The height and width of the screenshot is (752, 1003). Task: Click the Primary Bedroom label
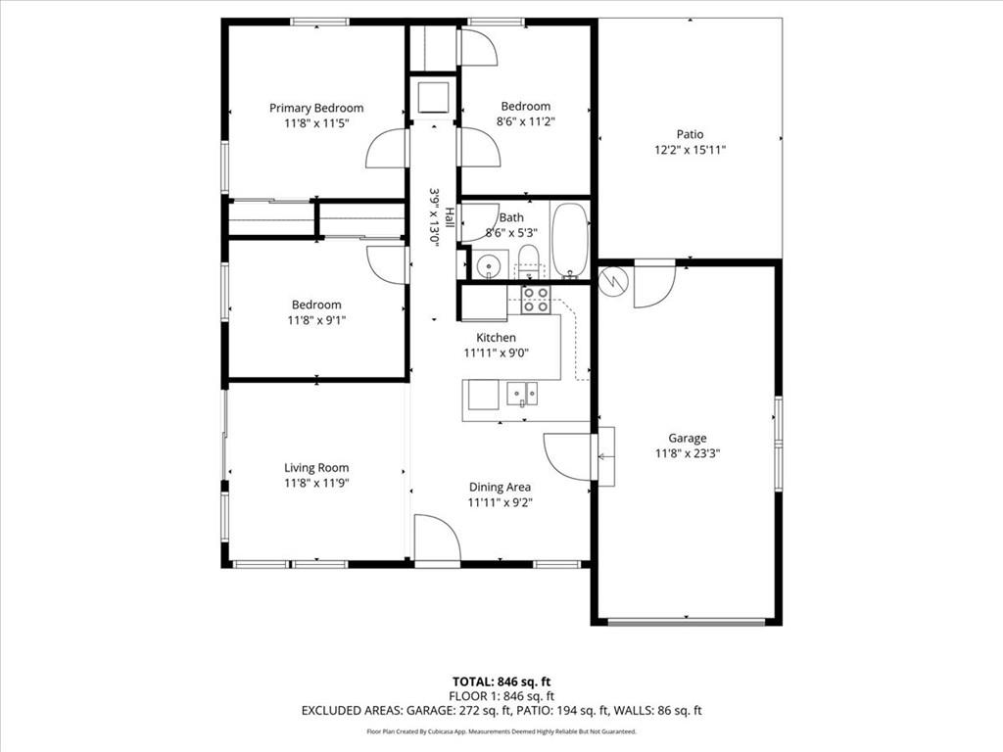coord(316,108)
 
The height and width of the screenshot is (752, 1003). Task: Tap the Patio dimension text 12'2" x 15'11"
coord(690,150)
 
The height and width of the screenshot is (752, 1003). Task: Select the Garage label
coord(687,438)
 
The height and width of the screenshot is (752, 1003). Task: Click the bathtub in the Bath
coord(570,241)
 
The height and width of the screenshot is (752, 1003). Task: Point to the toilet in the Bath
coord(528,262)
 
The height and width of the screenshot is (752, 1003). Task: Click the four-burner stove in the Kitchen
coord(536,300)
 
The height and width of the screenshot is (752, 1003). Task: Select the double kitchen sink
coord(523,394)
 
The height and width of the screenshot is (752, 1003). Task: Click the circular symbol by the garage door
coord(611,280)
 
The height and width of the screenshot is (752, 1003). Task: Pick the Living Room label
coord(316,467)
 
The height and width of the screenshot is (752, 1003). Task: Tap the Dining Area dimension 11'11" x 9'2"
coord(500,502)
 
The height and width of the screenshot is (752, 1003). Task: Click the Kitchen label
coord(496,337)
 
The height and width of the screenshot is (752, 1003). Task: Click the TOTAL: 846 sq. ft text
coord(501,681)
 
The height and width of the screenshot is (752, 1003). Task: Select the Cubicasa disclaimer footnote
coord(501,731)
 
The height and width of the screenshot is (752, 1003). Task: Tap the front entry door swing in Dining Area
coord(437,539)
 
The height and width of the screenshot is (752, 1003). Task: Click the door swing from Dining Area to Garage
coord(567,456)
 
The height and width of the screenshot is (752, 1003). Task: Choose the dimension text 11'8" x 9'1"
coord(316,320)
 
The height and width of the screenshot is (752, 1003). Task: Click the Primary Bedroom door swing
coord(386,149)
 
